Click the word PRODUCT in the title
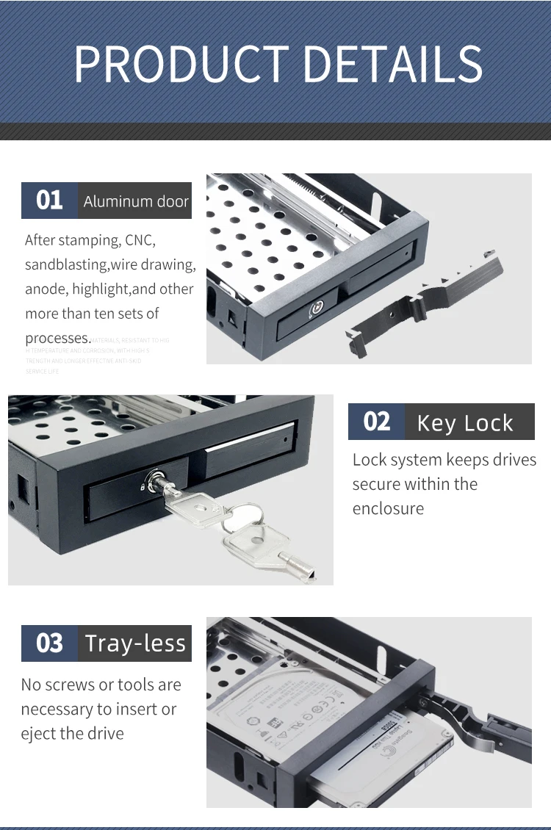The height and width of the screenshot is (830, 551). tap(181, 64)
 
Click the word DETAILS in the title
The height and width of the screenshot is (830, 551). tap(392, 64)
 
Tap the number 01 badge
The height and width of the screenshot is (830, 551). tap(49, 201)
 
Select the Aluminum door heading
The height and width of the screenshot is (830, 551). tap(136, 201)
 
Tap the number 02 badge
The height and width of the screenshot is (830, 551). tap(376, 422)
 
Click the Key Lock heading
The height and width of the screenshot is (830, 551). tap(465, 423)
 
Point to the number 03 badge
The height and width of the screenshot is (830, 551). tap(49, 643)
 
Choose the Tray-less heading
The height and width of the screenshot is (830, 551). tap(135, 643)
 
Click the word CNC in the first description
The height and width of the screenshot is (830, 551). tap(140, 240)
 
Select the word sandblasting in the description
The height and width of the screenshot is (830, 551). tap(66, 264)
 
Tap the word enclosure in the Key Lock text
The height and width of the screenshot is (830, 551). tap(388, 508)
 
